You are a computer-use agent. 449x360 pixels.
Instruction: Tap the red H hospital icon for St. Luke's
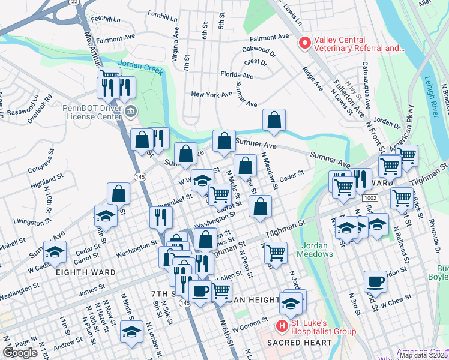(281, 326)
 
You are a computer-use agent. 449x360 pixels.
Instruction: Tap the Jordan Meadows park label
(316, 250)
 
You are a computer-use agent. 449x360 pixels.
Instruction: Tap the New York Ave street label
(211, 94)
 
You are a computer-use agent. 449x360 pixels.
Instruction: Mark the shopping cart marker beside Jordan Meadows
(276, 253)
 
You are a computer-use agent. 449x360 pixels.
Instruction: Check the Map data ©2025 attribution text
(423, 355)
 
